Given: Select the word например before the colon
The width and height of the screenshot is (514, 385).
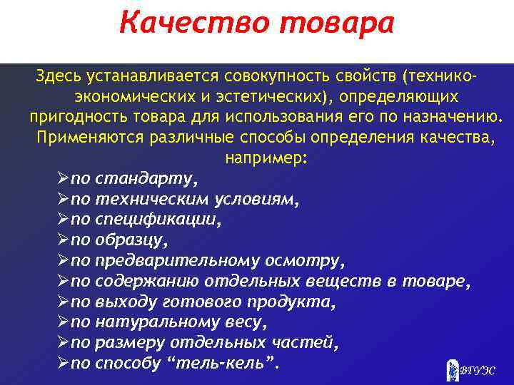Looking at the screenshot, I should point(263,158).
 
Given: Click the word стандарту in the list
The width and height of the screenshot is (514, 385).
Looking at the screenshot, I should point(146,178).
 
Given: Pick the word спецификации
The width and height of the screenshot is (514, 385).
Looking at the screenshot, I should point(158,220).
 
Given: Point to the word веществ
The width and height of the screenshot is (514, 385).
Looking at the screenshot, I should point(346,282).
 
